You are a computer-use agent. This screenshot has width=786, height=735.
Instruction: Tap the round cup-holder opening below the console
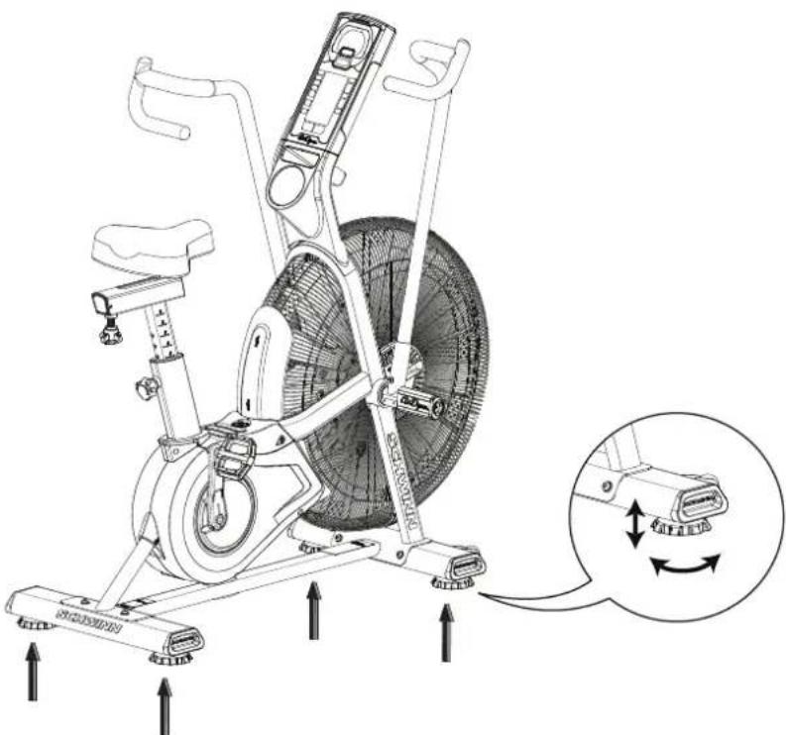[288, 184]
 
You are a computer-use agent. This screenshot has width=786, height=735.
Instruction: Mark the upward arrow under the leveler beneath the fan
[314, 610]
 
